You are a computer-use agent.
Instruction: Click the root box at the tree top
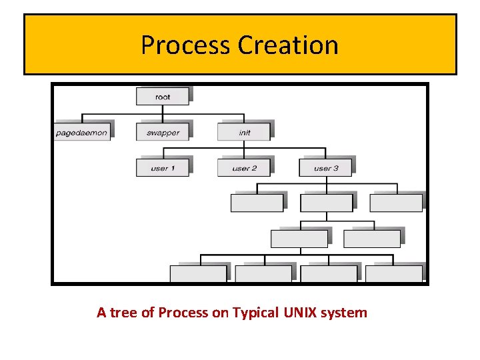(x=163, y=97)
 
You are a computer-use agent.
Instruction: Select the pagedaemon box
(x=82, y=132)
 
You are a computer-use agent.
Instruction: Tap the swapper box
(x=163, y=132)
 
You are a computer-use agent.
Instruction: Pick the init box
(x=244, y=132)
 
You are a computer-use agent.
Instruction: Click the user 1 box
(x=163, y=168)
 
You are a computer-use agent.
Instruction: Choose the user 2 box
(x=244, y=168)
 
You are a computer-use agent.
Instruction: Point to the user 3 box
(x=326, y=168)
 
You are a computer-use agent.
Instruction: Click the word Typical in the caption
(x=255, y=313)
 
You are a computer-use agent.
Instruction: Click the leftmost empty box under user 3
(x=257, y=203)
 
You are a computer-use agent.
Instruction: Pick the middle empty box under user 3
(x=327, y=203)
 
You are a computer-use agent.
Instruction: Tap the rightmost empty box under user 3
(x=396, y=203)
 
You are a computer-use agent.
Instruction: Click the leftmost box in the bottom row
(x=198, y=273)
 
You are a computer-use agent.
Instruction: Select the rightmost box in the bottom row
(x=393, y=273)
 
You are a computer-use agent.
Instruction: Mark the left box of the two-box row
(x=299, y=238)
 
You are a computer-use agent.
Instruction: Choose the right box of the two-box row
(x=371, y=238)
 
